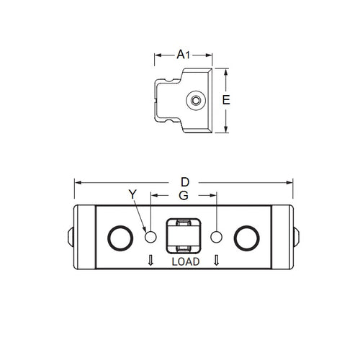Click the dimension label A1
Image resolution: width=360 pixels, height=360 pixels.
pos(183,54)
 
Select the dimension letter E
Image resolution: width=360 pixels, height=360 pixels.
pos(225,101)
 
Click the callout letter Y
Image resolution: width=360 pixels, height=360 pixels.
pos(132,194)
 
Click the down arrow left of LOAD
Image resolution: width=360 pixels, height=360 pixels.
pos(150,260)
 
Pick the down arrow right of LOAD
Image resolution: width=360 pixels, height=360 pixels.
pos(217,260)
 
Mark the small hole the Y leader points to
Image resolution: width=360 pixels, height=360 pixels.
pos(150,236)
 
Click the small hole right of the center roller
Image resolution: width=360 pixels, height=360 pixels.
pos(216,236)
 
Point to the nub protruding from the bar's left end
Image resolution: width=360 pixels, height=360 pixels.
pos(71,235)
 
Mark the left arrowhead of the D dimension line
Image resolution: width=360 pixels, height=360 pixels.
pos(77,181)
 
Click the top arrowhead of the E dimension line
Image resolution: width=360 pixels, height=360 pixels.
pos(226,72)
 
